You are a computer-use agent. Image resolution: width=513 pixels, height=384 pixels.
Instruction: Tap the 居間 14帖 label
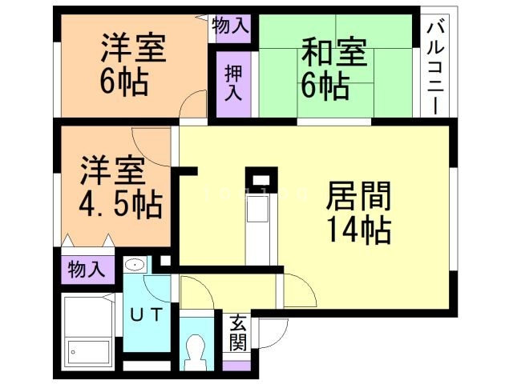coord(358,213)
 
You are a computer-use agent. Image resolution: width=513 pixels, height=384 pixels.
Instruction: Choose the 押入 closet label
coord(232,83)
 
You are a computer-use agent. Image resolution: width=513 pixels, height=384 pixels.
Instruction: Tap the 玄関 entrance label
coord(237,332)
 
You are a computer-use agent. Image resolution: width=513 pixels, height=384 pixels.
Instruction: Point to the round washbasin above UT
coord(135,265)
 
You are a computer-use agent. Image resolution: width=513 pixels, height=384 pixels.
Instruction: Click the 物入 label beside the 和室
coord(231,26)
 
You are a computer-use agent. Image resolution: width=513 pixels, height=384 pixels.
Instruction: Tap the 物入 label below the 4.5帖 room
coord(86,269)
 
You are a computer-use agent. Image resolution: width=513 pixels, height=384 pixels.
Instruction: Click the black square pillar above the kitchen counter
coord(261,178)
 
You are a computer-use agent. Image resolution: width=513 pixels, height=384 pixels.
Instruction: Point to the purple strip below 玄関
coord(237,366)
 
